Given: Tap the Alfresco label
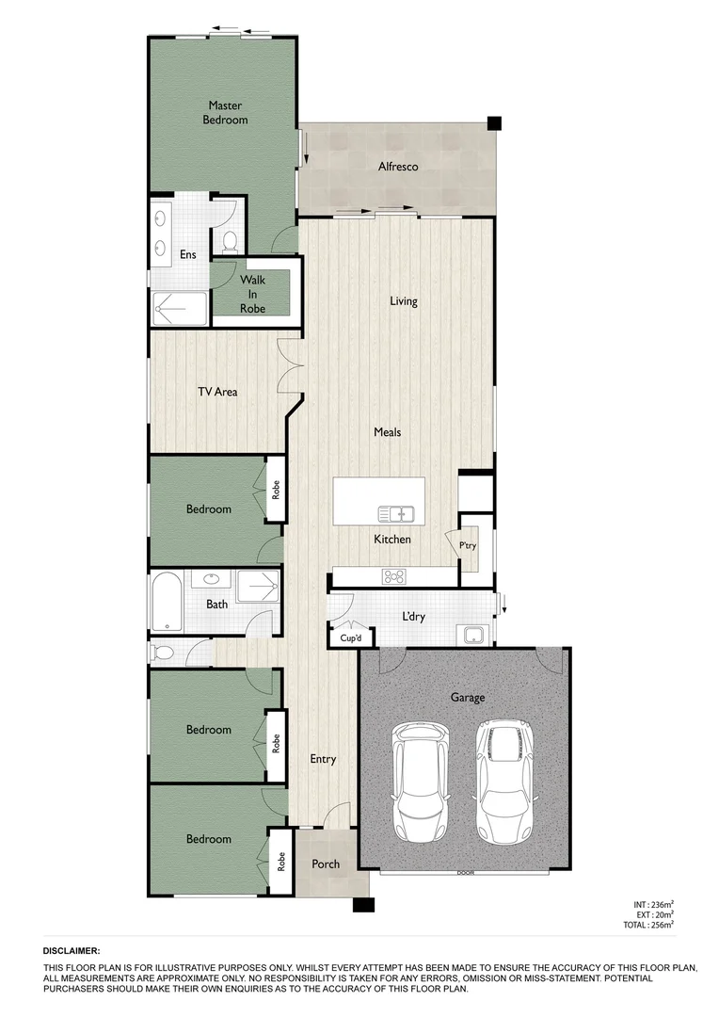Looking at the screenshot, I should pos(397,167).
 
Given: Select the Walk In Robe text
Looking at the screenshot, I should pos(252,294).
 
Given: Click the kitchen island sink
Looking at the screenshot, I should pos(396,513).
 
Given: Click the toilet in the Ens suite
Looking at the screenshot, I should pos(228,240).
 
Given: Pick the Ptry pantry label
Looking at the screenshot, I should pos(468,546).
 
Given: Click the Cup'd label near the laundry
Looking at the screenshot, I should pos(338,638).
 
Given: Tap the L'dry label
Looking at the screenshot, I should pos(413,617).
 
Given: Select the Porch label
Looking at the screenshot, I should pos(326,864).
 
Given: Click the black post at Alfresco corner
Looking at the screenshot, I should pos(494,122).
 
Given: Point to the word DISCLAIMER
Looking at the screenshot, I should pos(72,952).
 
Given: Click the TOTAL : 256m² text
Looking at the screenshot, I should pos(648,926).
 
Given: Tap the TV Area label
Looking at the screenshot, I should pos(217,391).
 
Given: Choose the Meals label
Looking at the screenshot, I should pos(387,432).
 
